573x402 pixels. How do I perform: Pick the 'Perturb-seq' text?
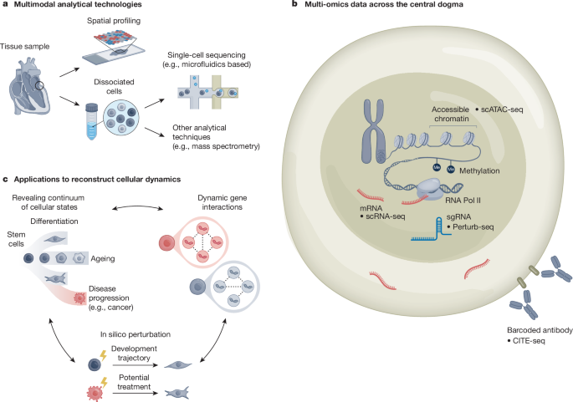pos(474,226)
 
